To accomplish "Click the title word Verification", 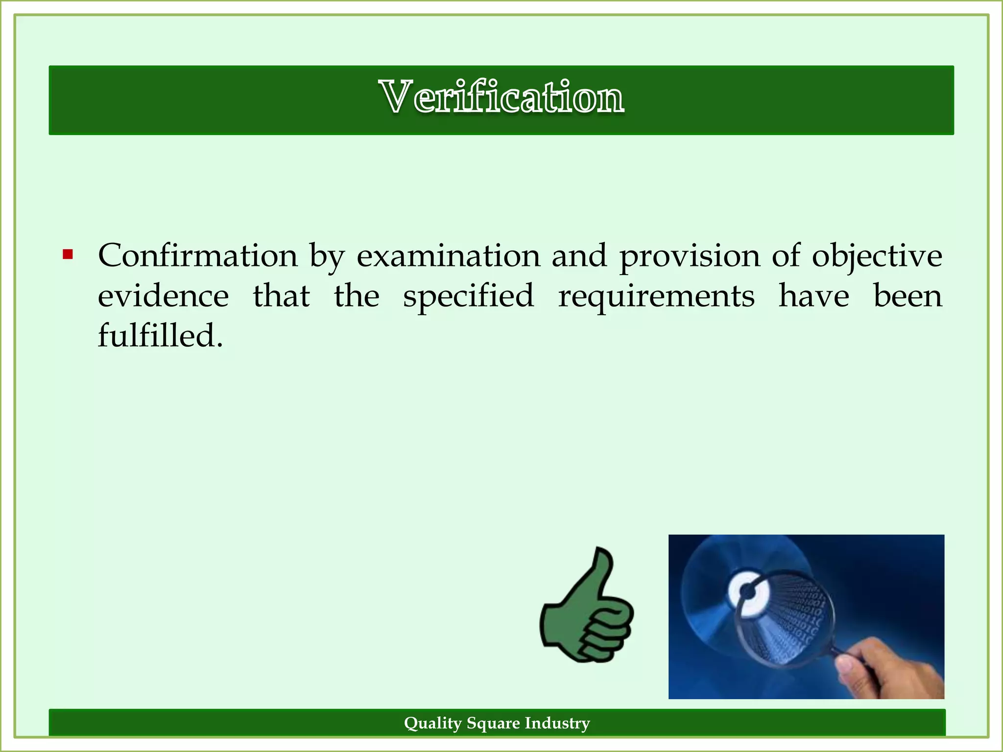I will pos(501,97).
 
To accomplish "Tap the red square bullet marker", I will pos(68,255).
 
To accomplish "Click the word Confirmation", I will pos(198,256).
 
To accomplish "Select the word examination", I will pos(448,256).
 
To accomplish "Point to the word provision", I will pos(690,256).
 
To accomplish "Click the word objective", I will pos(877,256).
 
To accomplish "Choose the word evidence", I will pos(163,296).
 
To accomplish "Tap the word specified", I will pos(468,296).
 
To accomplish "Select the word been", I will pos(907,296).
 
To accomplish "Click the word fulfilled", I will pos(160,336).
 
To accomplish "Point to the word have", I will pos(813,296).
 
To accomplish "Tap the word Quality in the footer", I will pos(432,723).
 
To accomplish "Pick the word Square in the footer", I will pos(493,723).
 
